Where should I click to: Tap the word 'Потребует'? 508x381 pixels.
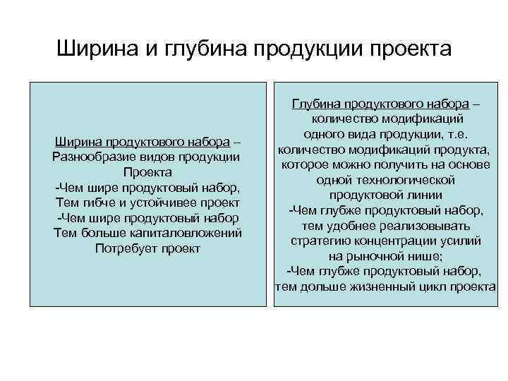[123, 248]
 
